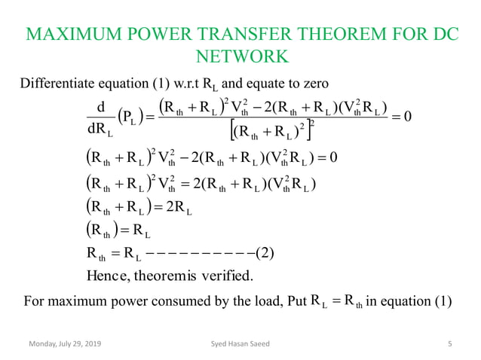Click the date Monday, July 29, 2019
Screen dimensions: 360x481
(x=64, y=345)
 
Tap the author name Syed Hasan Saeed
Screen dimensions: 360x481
(x=240, y=345)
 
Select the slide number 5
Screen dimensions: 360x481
(x=449, y=345)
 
